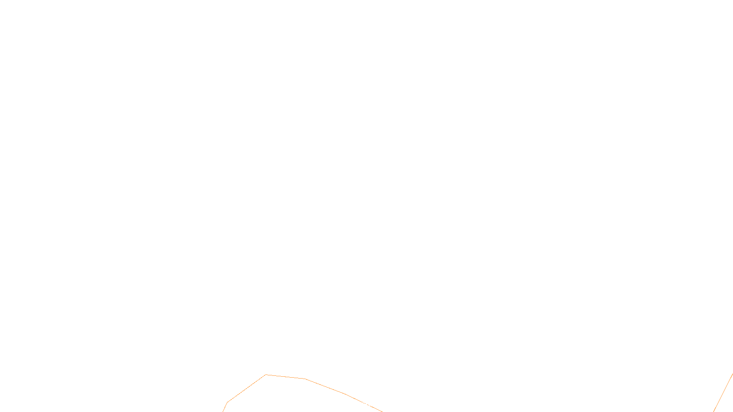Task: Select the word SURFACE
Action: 366,405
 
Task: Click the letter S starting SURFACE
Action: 357,405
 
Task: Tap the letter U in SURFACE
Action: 360,405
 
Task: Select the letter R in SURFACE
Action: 363,405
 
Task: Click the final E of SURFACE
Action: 376,405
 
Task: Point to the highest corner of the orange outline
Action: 266,375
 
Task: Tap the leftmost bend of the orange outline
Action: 227,403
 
